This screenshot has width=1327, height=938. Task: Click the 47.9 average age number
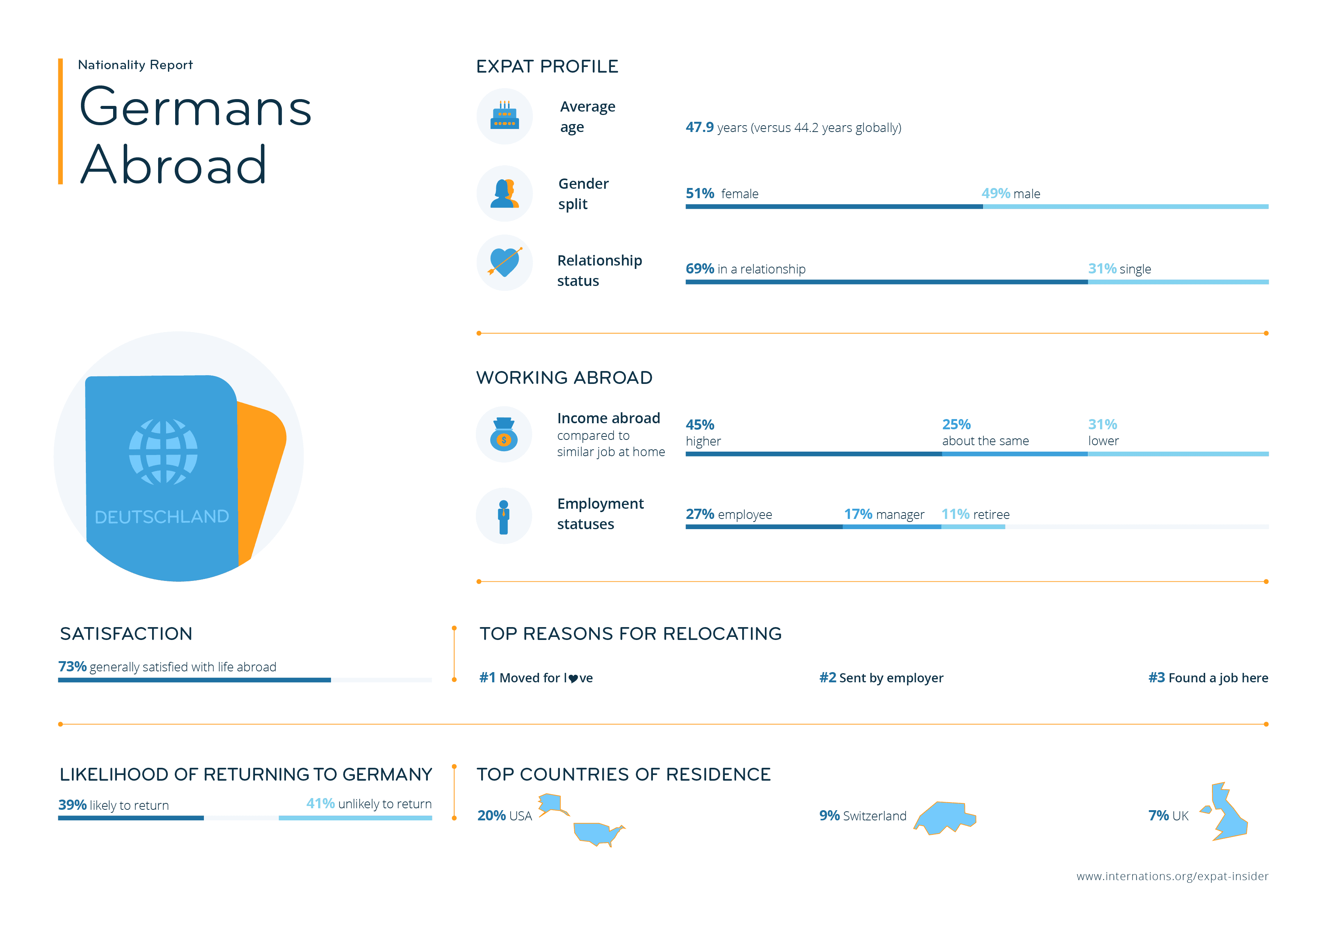(699, 127)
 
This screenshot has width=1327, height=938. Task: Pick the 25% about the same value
(956, 424)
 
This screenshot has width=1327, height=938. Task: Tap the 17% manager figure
(858, 514)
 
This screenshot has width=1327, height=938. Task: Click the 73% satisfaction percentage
(72, 666)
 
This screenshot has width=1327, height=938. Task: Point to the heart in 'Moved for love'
(573, 679)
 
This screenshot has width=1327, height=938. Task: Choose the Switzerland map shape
(945, 817)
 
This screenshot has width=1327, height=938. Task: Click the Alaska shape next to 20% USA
(552, 803)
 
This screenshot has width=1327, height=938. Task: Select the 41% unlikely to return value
(320, 803)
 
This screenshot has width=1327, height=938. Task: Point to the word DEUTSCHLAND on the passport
(162, 516)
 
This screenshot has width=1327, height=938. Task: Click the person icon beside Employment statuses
(503, 516)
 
